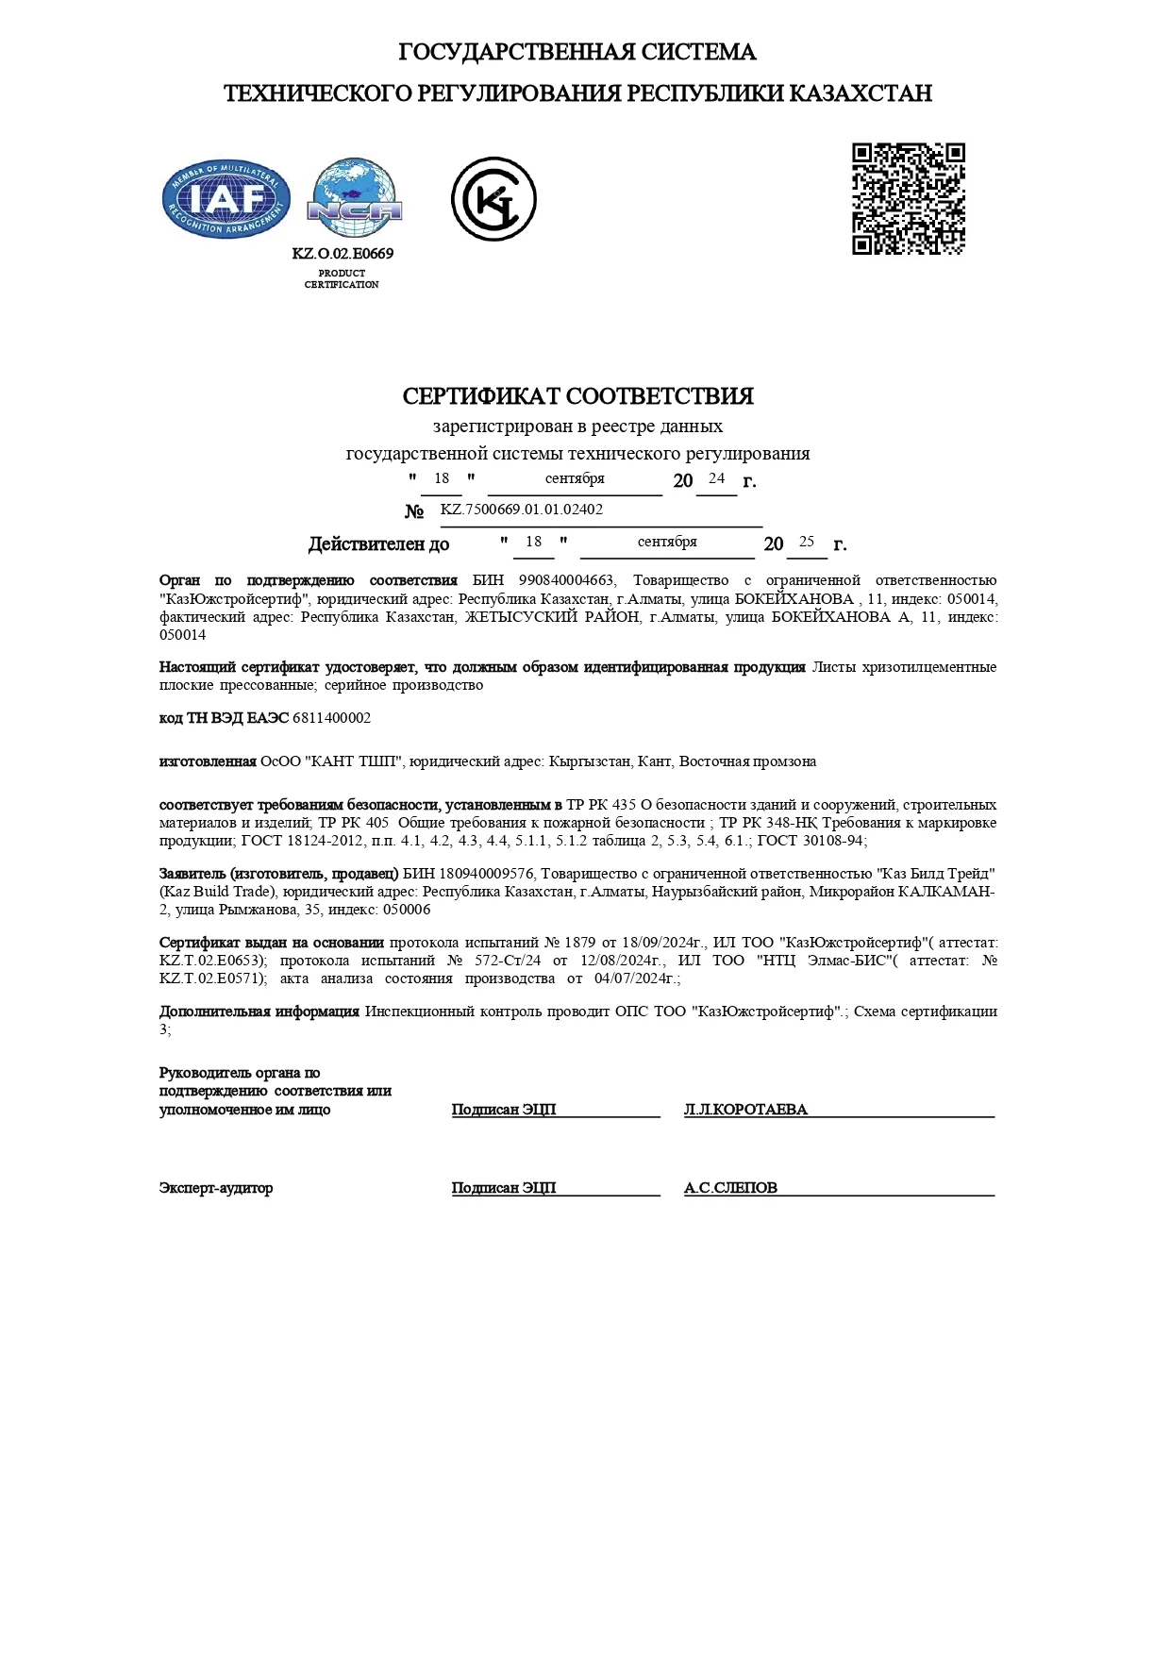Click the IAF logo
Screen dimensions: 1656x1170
[x=226, y=199]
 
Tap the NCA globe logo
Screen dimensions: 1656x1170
[x=355, y=198]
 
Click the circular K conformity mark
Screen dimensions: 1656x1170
[x=493, y=199]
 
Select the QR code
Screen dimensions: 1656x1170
[x=909, y=199]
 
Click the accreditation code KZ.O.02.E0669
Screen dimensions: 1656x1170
[x=343, y=254]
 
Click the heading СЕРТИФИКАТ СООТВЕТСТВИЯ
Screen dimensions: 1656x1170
[x=577, y=396]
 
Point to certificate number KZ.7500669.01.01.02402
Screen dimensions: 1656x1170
[x=522, y=510]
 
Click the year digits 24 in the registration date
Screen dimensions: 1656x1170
[x=717, y=478]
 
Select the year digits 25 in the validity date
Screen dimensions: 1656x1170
[x=807, y=542]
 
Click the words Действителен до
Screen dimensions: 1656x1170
[x=378, y=544]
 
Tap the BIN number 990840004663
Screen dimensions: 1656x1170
[x=567, y=580]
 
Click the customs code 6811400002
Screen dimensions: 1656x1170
[x=331, y=718]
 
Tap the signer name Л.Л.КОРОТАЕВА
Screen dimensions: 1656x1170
[x=745, y=1110]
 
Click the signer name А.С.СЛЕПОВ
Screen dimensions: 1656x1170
[x=730, y=1188]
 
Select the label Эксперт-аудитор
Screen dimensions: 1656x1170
[x=216, y=1188]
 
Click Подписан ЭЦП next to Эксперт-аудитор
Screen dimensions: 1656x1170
[x=504, y=1188]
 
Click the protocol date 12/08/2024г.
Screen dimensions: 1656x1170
[x=623, y=961]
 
